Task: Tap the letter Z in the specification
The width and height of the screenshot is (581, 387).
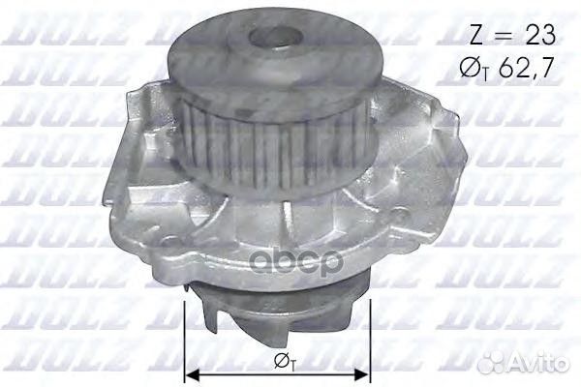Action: pyautogui.click(x=475, y=36)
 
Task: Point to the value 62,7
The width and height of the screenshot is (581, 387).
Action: pyautogui.click(x=532, y=70)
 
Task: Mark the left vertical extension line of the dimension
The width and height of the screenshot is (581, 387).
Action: pyautogui.click(x=183, y=339)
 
